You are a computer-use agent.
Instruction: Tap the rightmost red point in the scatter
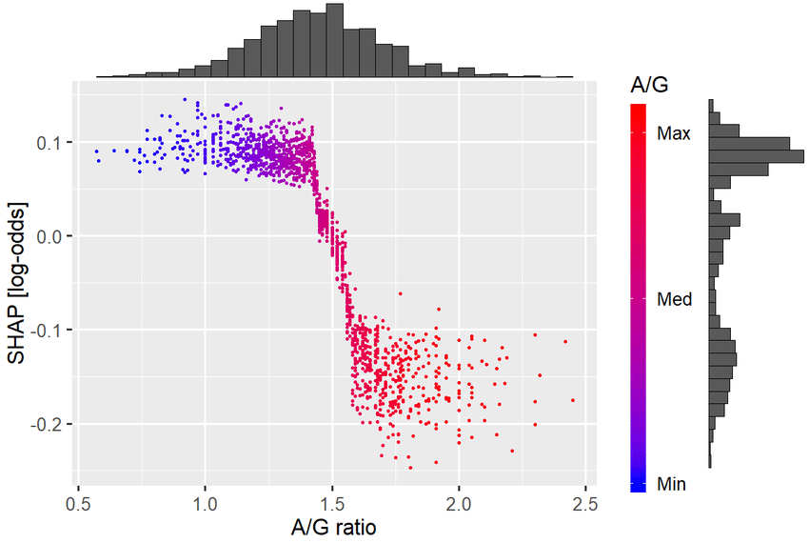tap(573, 400)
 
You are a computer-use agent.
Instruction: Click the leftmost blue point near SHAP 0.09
tap(96, 151)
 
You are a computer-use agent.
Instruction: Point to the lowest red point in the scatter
tap(410, 468)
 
